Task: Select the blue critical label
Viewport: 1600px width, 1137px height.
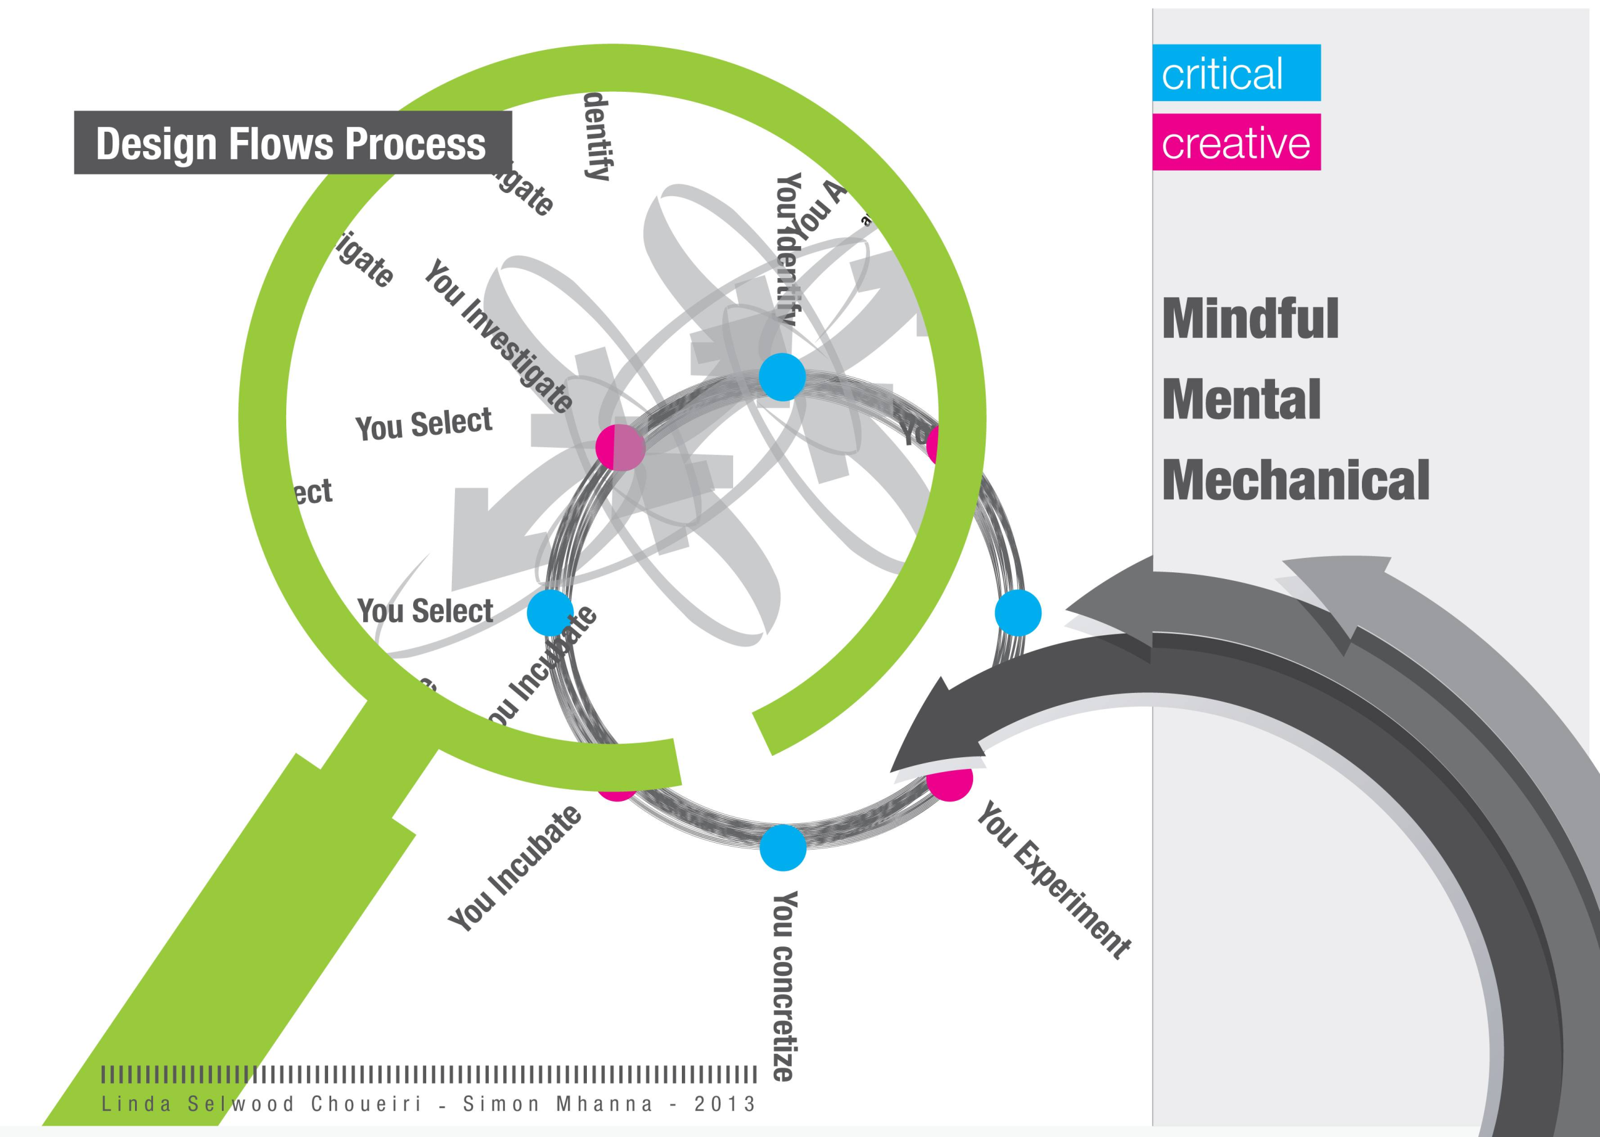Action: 1236,73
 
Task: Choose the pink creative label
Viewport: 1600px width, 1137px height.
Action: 1236,142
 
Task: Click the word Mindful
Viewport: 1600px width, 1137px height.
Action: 1250,319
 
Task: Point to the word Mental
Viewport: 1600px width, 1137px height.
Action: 1241,400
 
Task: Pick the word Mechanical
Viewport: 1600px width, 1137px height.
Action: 1296,481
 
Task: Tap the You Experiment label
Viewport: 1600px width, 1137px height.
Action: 1054,880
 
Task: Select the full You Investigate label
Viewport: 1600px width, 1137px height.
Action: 499,336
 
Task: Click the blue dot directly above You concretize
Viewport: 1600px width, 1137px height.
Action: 783,848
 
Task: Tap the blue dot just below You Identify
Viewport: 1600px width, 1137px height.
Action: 782,377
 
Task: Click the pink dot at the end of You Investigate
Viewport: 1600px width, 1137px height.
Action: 620,447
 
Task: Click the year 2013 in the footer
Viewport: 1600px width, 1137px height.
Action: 725,1104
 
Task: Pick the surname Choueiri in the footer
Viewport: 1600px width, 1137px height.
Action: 366,1104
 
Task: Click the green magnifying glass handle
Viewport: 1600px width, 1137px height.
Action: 231,945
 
